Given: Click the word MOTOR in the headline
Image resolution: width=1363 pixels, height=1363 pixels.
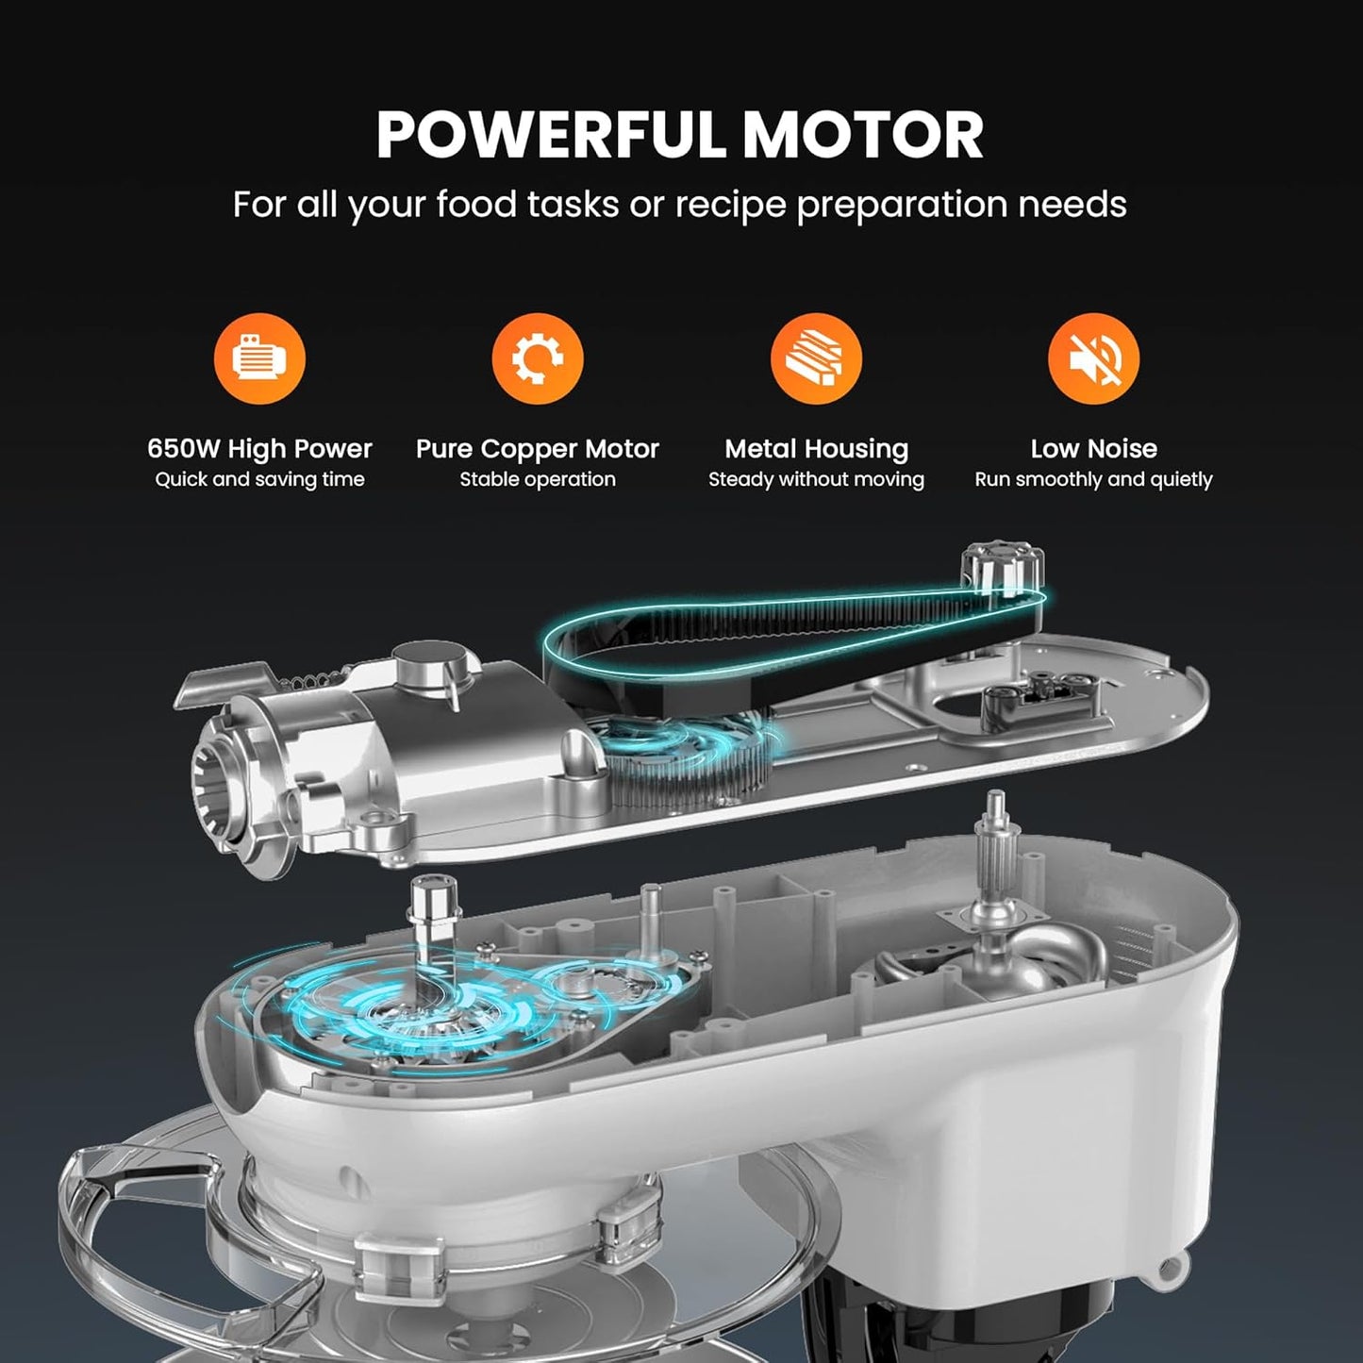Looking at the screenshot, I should (x=862, y=135).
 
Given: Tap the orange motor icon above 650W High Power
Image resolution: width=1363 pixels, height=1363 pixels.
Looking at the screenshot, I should (x=259, y=358).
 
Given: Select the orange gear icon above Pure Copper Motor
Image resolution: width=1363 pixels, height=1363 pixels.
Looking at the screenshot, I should (x=538, y=358).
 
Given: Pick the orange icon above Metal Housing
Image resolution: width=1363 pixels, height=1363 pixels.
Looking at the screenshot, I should (x=816, y=358).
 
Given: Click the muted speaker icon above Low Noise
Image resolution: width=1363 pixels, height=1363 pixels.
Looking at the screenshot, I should (x=1093, y=358).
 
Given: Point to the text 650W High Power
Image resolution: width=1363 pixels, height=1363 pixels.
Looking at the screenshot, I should (x=259, y=449).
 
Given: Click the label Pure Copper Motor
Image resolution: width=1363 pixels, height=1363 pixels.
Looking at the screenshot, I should (x=538, y=449).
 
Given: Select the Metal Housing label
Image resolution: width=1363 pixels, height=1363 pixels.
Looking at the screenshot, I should (x=816, y=449).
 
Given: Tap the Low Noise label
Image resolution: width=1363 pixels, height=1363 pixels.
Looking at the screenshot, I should (x=1093, y=449).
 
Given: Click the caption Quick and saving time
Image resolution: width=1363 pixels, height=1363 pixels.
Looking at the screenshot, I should (x=259, y=480).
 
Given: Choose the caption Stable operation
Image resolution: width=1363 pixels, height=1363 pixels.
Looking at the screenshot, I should (x=538, y=480).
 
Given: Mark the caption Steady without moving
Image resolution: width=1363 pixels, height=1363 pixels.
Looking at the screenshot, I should (x=816, y=480).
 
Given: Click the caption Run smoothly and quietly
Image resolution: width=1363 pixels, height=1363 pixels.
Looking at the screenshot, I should (x=1093, y=480).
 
